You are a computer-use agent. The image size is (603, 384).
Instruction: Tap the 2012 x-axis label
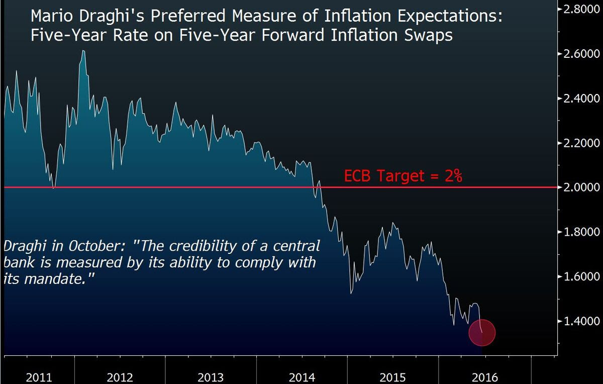[120, 377]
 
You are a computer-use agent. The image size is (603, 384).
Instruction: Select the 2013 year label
[211, 377]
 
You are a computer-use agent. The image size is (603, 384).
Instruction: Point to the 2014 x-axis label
[301, 377]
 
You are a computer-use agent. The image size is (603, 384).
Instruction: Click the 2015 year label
[392, 377]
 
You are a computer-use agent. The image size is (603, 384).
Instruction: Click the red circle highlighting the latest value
[482, 332]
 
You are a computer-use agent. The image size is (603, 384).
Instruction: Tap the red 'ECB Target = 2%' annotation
[403, 176]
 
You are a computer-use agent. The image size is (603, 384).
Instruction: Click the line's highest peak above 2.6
[83, 51]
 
